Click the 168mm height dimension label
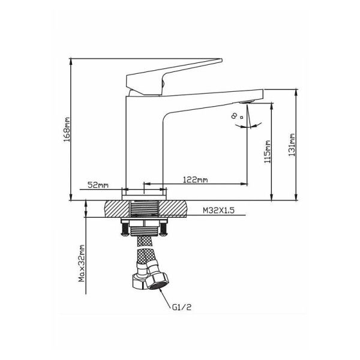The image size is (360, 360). (x=67, y=130)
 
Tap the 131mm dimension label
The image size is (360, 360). (x=292, y=145)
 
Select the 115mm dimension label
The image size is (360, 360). (x=267, y=152)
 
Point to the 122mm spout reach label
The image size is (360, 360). (x=195, y=179)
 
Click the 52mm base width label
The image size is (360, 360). (x=98, y=185)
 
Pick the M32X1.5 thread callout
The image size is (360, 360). (x=218, y=211)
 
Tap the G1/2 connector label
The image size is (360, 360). (x=181, y=307)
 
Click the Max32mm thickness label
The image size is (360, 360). (x=82, y=263)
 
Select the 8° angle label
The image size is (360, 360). (x=236, y=116)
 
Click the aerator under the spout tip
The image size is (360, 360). (x=247, y=101)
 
